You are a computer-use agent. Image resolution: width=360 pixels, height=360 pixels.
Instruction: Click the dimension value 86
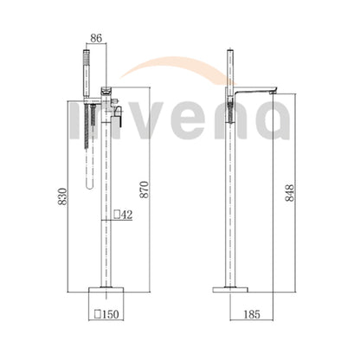coord(96,38)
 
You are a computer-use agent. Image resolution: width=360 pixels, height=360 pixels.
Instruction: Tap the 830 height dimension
coord(62,196)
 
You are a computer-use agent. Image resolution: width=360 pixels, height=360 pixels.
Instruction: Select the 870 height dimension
coord(145,190)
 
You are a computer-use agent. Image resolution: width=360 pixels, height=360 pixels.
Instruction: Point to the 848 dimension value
coord(290,193)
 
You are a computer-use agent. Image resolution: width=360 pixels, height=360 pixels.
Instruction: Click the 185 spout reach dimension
coord(252,314)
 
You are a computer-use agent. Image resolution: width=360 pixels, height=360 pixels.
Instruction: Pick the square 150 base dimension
coord(106,314)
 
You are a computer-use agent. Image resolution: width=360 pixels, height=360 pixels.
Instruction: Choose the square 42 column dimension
coord(123,215)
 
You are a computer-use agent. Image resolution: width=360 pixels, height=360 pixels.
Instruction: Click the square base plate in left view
coord(106,290)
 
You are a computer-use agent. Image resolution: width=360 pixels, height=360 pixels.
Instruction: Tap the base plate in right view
coord(230,290)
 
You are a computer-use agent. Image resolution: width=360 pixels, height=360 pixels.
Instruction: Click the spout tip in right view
coord(273,93)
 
